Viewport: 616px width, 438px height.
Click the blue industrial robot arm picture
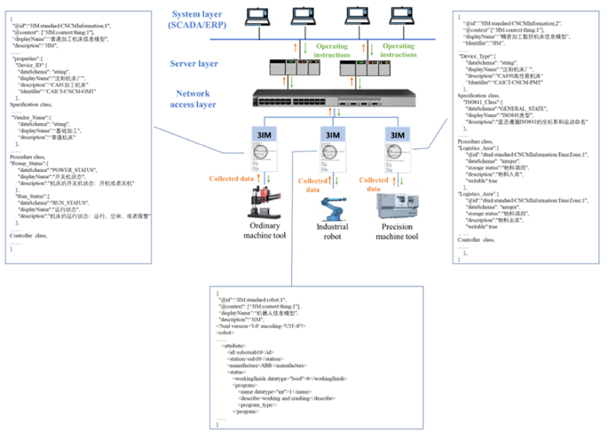pos(333,209)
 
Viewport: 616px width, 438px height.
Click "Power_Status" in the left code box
pos(30,163)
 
